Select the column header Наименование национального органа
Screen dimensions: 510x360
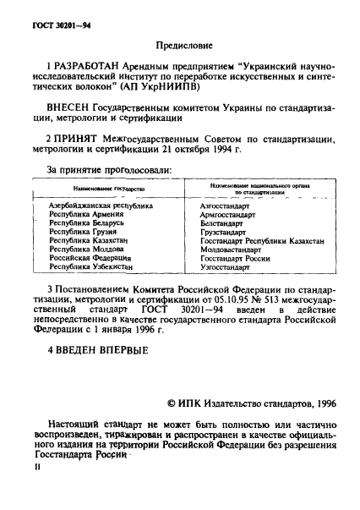click(254, 188)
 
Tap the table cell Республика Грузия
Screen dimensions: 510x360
click(83, 232)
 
